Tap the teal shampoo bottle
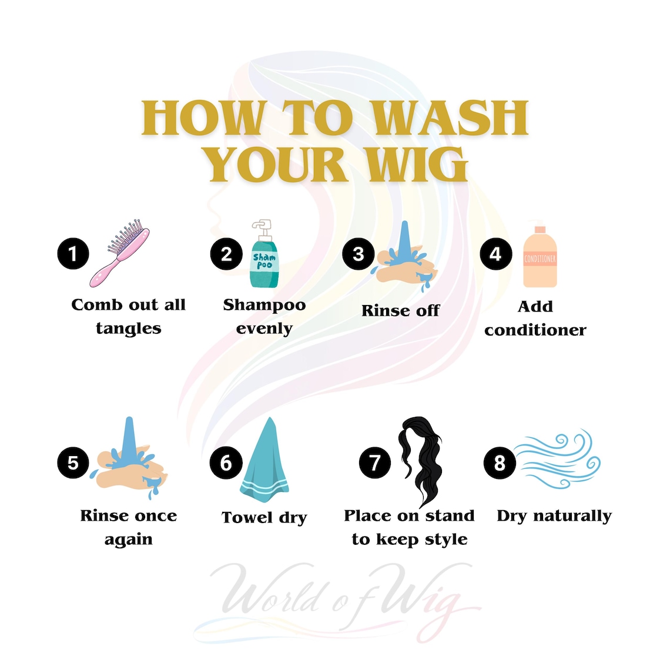[264, 254]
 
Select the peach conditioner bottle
[540, 256]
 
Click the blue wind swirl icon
[557, 460]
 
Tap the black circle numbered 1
[73, 253]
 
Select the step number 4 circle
[495, 254]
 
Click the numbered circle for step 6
[226, 463]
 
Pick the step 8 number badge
[500, 463]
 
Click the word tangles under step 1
[129, 329]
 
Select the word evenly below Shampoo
[264, 329]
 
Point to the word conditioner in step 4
[535, 330]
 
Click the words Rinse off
[400, 311]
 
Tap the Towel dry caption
[264, 517]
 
